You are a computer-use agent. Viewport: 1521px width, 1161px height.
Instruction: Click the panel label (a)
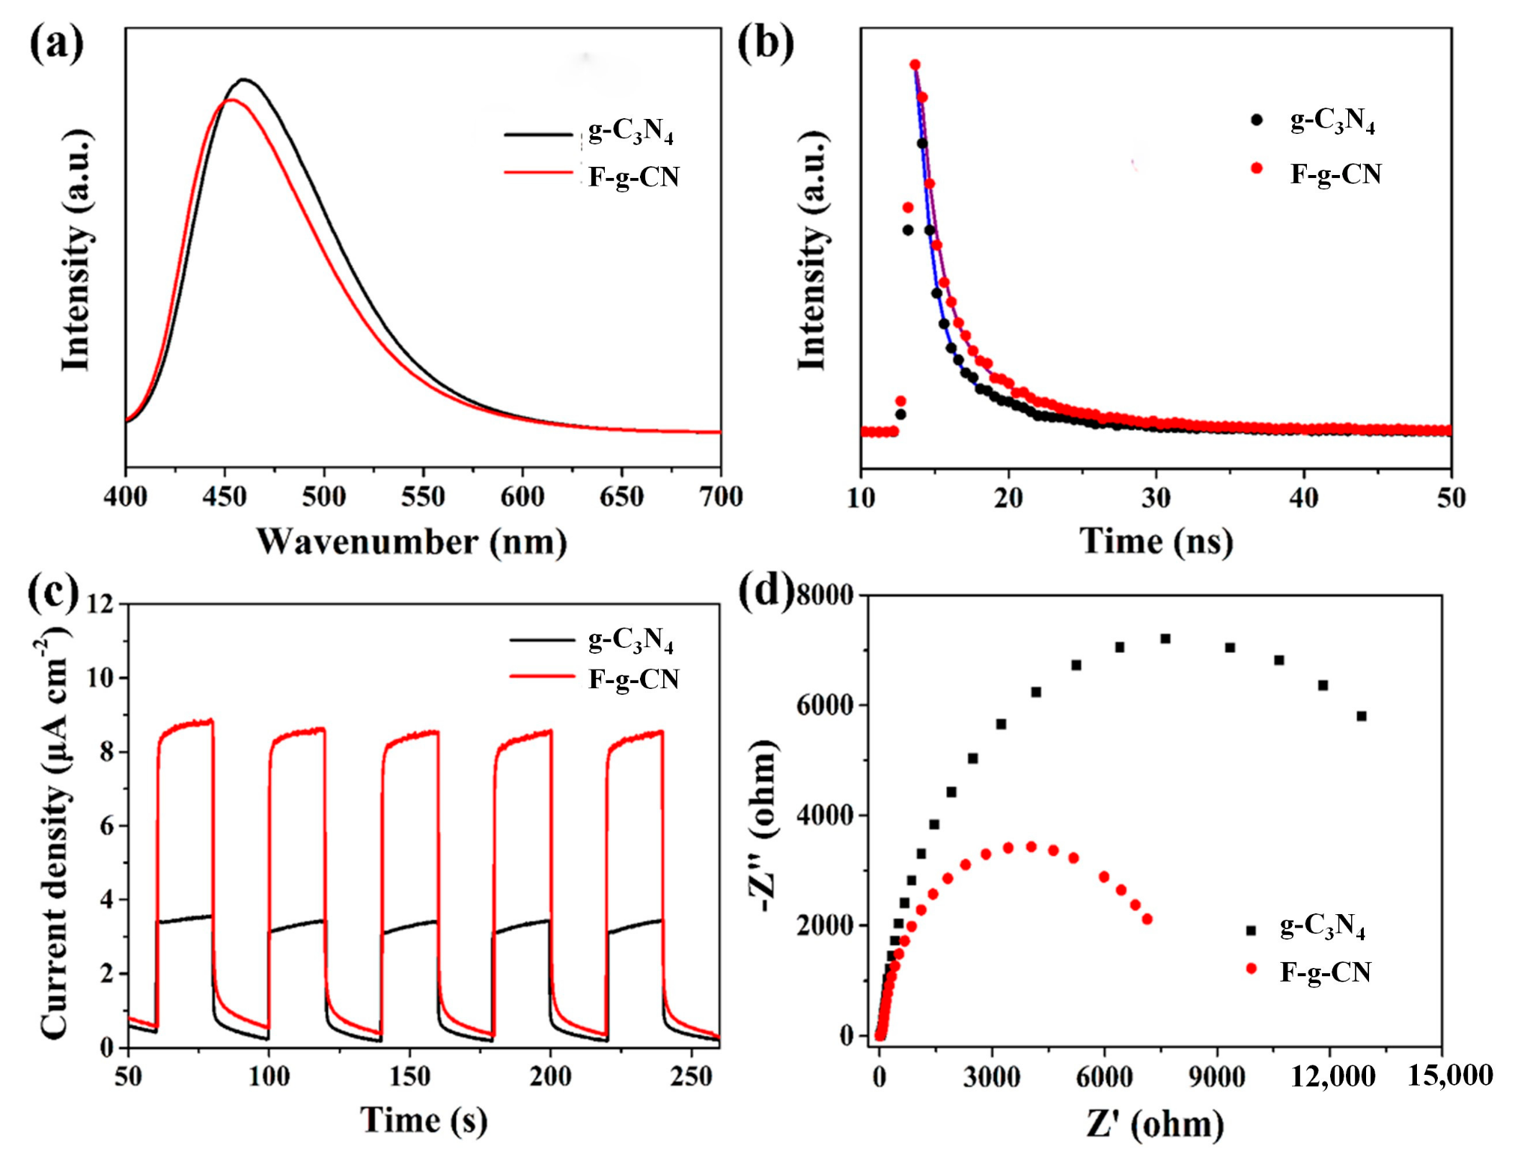[56, 43]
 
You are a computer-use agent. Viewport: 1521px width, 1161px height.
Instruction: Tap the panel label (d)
[765, 591]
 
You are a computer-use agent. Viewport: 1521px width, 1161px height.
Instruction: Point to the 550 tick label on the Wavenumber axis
[423, 497]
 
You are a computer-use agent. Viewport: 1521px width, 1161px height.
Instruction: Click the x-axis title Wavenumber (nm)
[411, 541]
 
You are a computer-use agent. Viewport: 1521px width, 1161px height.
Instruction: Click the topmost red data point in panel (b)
[915, 65]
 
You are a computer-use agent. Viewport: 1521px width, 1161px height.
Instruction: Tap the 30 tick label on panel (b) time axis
[1156, 497]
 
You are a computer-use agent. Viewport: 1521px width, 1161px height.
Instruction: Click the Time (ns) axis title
[1156, 541]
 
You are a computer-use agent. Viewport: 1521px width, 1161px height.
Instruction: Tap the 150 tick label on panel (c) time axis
[409, 1076]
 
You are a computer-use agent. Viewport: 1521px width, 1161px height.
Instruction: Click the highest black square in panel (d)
[1165, 638]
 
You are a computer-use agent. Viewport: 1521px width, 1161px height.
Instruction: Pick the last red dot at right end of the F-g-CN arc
[1147, 919]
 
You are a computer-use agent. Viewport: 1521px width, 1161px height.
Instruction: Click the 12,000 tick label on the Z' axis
[1332, 1076]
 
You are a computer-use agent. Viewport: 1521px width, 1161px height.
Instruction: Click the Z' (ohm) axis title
[1156, 1124]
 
